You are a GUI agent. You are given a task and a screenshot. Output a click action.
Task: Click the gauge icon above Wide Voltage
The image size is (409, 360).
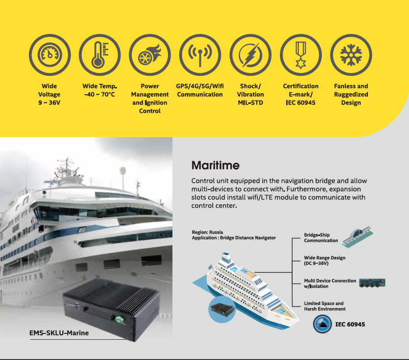coord(50,55)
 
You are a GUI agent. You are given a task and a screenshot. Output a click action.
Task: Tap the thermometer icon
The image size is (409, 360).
coord(100,55)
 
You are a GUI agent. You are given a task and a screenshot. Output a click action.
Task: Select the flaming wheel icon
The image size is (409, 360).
coord(150,55)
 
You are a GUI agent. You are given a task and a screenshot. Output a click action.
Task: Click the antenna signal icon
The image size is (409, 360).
coord(200,55)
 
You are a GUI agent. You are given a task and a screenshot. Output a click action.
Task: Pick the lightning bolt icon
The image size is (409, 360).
coord(251,55)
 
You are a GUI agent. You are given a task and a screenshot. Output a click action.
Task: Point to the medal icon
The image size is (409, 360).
coord(301,55)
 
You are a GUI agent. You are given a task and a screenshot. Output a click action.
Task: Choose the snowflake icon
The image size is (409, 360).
coord(351,55)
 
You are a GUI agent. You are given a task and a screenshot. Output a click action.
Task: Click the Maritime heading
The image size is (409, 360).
coord(215,165)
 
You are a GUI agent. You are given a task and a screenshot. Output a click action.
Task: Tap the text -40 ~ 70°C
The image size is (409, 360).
coord(100,94)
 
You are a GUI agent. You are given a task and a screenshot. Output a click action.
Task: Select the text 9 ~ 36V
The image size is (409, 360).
coord(49,103)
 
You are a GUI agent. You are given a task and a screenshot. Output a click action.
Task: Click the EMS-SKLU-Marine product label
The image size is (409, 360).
coord(59,333)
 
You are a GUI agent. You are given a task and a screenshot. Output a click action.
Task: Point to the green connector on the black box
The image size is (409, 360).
coord(120,319)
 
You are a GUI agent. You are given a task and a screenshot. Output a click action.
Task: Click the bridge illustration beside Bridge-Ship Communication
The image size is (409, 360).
coord(358,237)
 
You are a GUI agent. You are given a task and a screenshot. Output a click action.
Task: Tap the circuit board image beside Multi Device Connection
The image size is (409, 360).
coord(372,283)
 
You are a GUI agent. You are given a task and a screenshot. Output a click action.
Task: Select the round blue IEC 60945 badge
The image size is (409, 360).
coord(322,324)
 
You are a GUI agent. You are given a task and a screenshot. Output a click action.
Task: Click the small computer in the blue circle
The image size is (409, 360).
coord(222,309)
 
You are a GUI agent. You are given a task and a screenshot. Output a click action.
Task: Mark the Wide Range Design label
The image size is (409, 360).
coord(325,260)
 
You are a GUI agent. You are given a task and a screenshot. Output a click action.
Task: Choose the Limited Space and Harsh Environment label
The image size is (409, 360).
coord(325,306)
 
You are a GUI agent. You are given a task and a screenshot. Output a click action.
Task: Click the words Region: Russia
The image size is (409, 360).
coord(207,232)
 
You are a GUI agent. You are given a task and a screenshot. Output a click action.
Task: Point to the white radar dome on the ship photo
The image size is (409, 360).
coord(123,171)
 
